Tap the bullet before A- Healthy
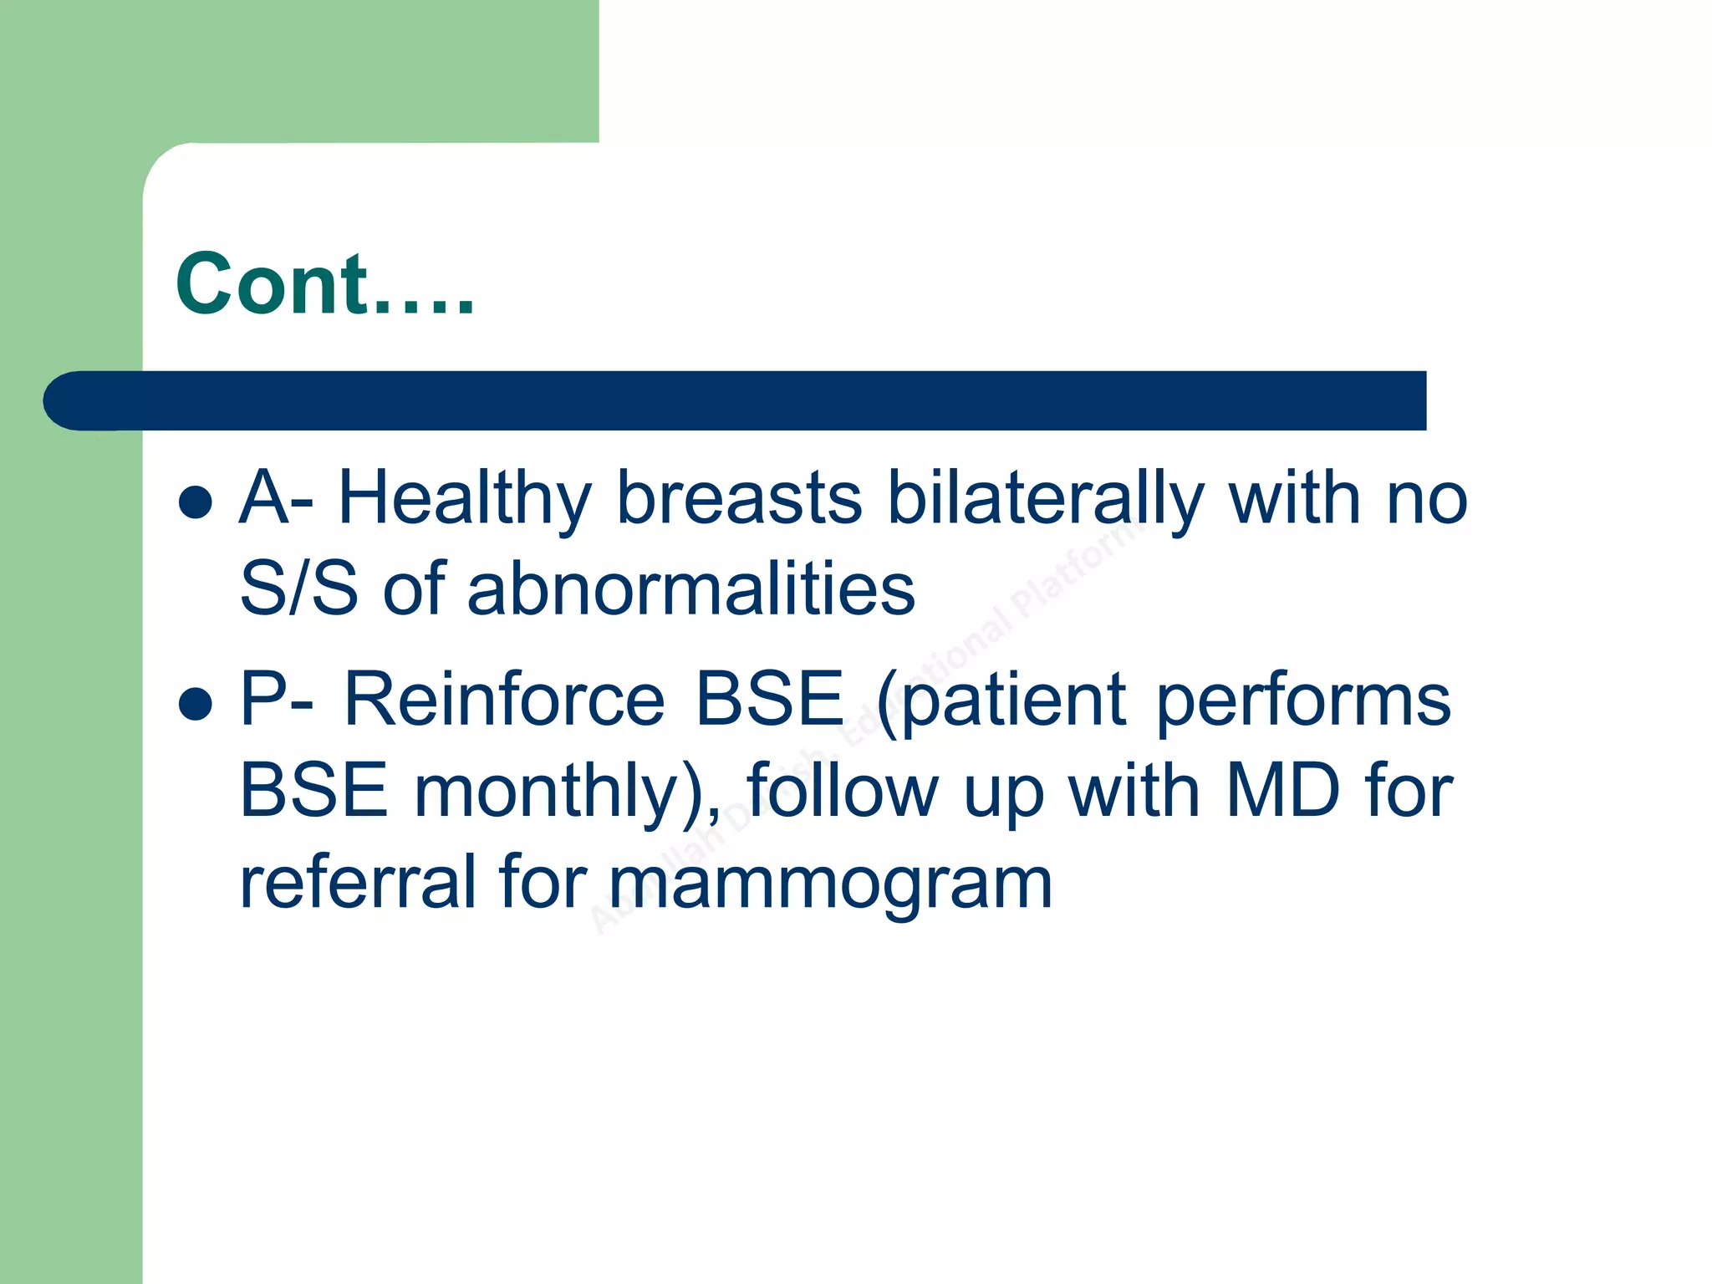click(x=195, y=502)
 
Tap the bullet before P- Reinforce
click(x=195, y=703)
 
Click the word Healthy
click(x=465, y=499)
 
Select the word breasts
click(x=739, y=499)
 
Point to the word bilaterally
click(x=1045, y=499)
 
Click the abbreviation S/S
click(x=298, y=589)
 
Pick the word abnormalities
click(x=690, y=589)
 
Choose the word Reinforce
click(x=504, y=700)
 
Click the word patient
click(x=1014, y=700)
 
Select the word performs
click(x=1303, y=700)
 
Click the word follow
click(x=843, y=791)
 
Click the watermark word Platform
click(x=1078, y=568)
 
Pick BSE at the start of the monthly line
click(x=314, y=791)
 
